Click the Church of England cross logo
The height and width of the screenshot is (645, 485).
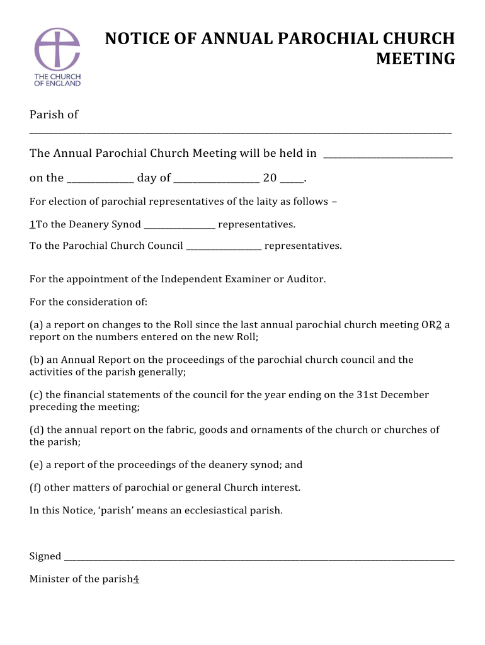pyautogui.click(x=57, y=49)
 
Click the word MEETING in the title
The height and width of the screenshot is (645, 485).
pyautogui.click(x=415, y=59)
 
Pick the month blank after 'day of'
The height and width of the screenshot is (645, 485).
pyautogui.click(x=217, y=181)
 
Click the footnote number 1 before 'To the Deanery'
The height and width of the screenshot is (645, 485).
pyautogui.click(x=32, y=224)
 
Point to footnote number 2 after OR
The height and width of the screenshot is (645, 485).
pyautogui.click(x=438, y=325)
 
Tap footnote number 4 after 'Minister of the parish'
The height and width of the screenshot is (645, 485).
pyautogui.click(x=136, y=579)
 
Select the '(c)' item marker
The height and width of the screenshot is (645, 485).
pyautogui.click(x=37, y=395)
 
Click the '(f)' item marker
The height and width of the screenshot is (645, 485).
pyautogui.click(x=36, y=488)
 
